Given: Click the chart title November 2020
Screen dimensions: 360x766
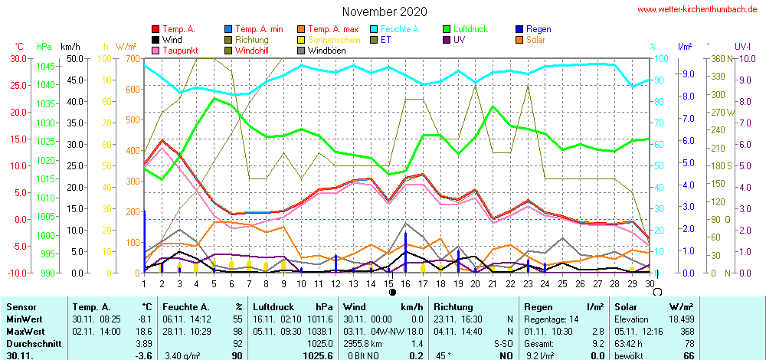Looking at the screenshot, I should tap(385, 11).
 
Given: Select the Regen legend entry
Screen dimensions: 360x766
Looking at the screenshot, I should tap(538, 29).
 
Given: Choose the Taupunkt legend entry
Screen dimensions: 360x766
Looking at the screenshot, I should tap(180, 51).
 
